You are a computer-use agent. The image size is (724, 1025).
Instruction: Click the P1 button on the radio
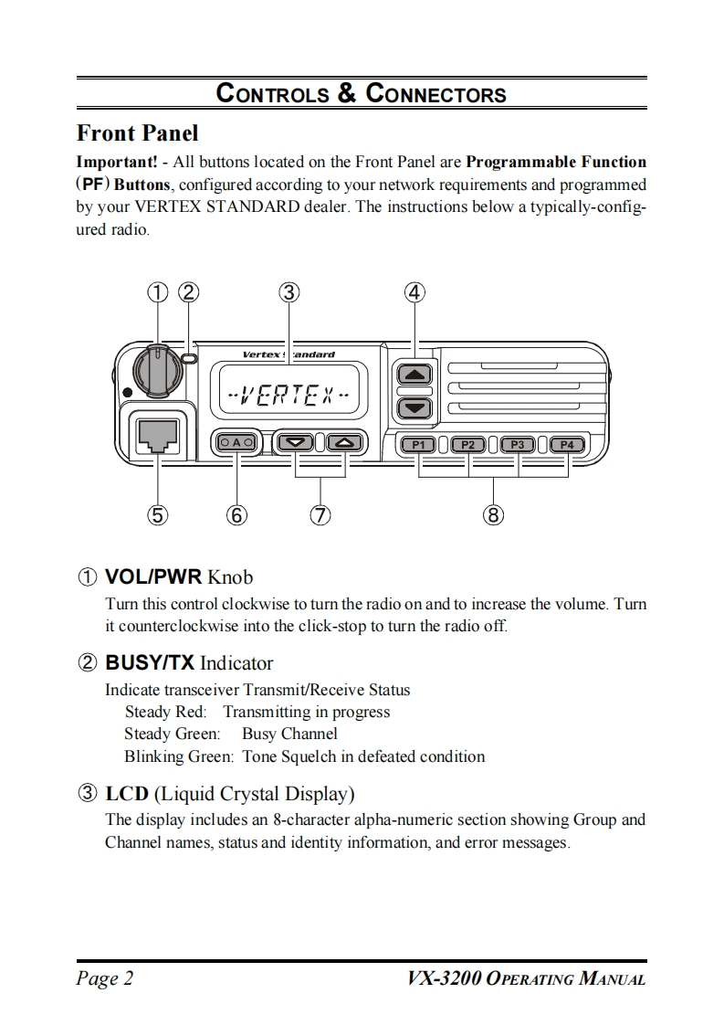pyautogui.click(x=419, y=445)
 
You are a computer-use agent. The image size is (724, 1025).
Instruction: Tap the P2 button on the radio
pyautogui.click(x=468, y=445)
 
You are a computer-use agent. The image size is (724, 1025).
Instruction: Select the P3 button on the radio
pyautogui.click(x=519, y=445)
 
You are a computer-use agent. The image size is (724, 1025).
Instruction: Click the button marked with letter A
pyautogui.click(x=236, y=443)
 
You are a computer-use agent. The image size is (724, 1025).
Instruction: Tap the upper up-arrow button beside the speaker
pyautogui.click(x=414, y=374)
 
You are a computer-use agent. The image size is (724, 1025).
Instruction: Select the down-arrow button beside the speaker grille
pyautogui.click(x=414, y=407)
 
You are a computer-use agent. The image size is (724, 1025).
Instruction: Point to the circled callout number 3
pyautogui.click(x=289, y=292)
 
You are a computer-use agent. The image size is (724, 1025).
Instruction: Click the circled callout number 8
pyautogui.click(x=493, y=515)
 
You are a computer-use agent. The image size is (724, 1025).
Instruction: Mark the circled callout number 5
pyautogui.click(x=158, y=515)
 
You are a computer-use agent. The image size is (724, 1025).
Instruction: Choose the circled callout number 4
pyautogui.click(x=414, y=292)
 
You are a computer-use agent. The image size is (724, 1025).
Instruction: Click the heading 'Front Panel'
pyautogui.click(x=137, y=133)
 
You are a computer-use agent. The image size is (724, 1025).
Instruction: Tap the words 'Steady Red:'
pyautogui.click(x=165, y=712)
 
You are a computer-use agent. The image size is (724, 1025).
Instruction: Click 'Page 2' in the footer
pyautogui.click(x=104, y=979)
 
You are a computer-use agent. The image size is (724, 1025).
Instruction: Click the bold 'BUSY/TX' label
pyautogui.click(x=150, y=662)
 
